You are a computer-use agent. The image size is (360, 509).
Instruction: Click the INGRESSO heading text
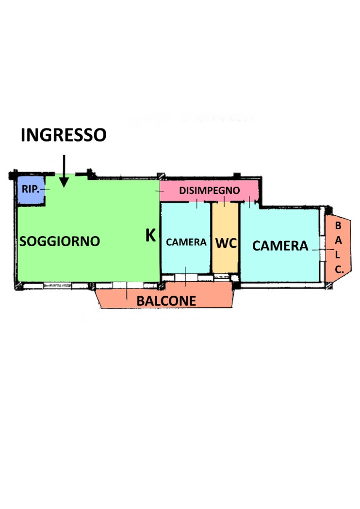tap(64, 135)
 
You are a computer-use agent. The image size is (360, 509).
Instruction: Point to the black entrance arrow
tap(64, 171)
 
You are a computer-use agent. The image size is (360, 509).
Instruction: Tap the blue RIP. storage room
tap(31, 190)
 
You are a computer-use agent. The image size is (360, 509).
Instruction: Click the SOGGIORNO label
tap(60, 241)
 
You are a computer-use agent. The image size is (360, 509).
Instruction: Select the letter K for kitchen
tap(151, 235)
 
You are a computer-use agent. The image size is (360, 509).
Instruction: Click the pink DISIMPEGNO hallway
tap(209, 191)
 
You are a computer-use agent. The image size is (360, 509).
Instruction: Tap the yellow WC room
tap(225, 238)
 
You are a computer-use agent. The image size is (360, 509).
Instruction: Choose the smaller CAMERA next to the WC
tap(185, 238)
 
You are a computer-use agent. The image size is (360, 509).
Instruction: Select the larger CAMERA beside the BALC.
tap(280, 245)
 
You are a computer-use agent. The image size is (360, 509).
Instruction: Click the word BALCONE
tap(166, 301)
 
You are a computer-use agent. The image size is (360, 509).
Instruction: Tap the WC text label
tap(226, 243)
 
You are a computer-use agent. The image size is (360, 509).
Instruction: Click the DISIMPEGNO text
tap(210, 190)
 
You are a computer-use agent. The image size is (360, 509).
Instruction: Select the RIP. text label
tap(31, 189)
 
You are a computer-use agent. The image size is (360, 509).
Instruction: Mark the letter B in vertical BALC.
tap(338, 225)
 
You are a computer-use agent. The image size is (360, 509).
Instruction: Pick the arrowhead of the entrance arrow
tap(64, 182)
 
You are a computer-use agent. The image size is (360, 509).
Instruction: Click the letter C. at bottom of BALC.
tap(339, 270)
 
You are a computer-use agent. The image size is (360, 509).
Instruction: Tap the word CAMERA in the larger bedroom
tap(280, 246)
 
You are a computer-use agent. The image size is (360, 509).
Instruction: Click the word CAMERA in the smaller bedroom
tap(186, 242)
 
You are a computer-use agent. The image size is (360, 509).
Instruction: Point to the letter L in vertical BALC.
tap(338, 255)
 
